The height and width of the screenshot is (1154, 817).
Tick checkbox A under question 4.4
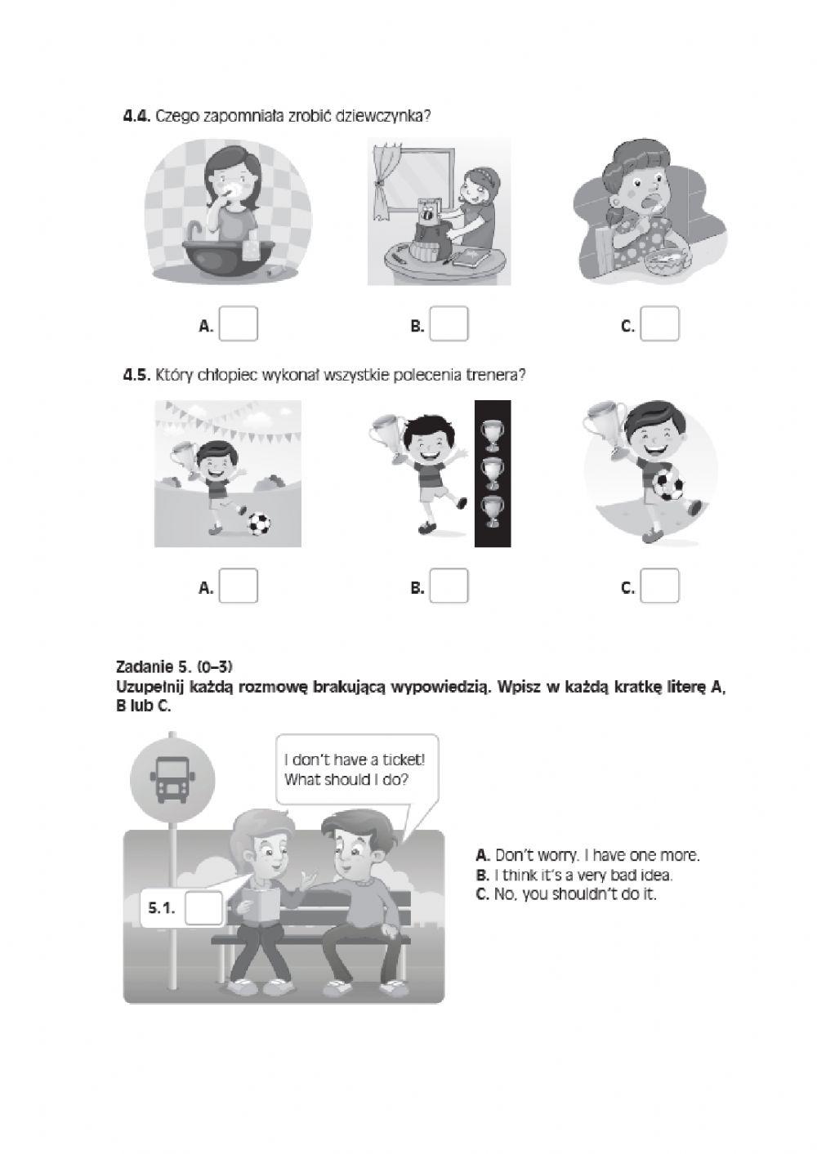click(239, 323)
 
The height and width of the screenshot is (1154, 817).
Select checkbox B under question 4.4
click(449, 323)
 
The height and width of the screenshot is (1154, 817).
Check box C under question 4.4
click(659, 323)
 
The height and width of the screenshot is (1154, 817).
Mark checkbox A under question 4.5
click(239, 586)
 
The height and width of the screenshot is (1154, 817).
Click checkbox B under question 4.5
click(449, 586)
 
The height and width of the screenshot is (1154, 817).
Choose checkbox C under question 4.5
click(659, 586)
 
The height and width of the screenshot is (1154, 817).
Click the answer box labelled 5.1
click(203, 908)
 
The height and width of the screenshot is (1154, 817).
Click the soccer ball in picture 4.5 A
click(259, 524)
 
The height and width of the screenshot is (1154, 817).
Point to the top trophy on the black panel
click(492, 434)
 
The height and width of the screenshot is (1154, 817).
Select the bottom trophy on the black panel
click(492, 511)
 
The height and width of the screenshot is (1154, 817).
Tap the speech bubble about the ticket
click(355, 769)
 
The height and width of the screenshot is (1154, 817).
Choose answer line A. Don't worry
click(587, 856)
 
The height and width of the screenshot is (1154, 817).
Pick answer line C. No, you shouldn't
click(565, 894)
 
